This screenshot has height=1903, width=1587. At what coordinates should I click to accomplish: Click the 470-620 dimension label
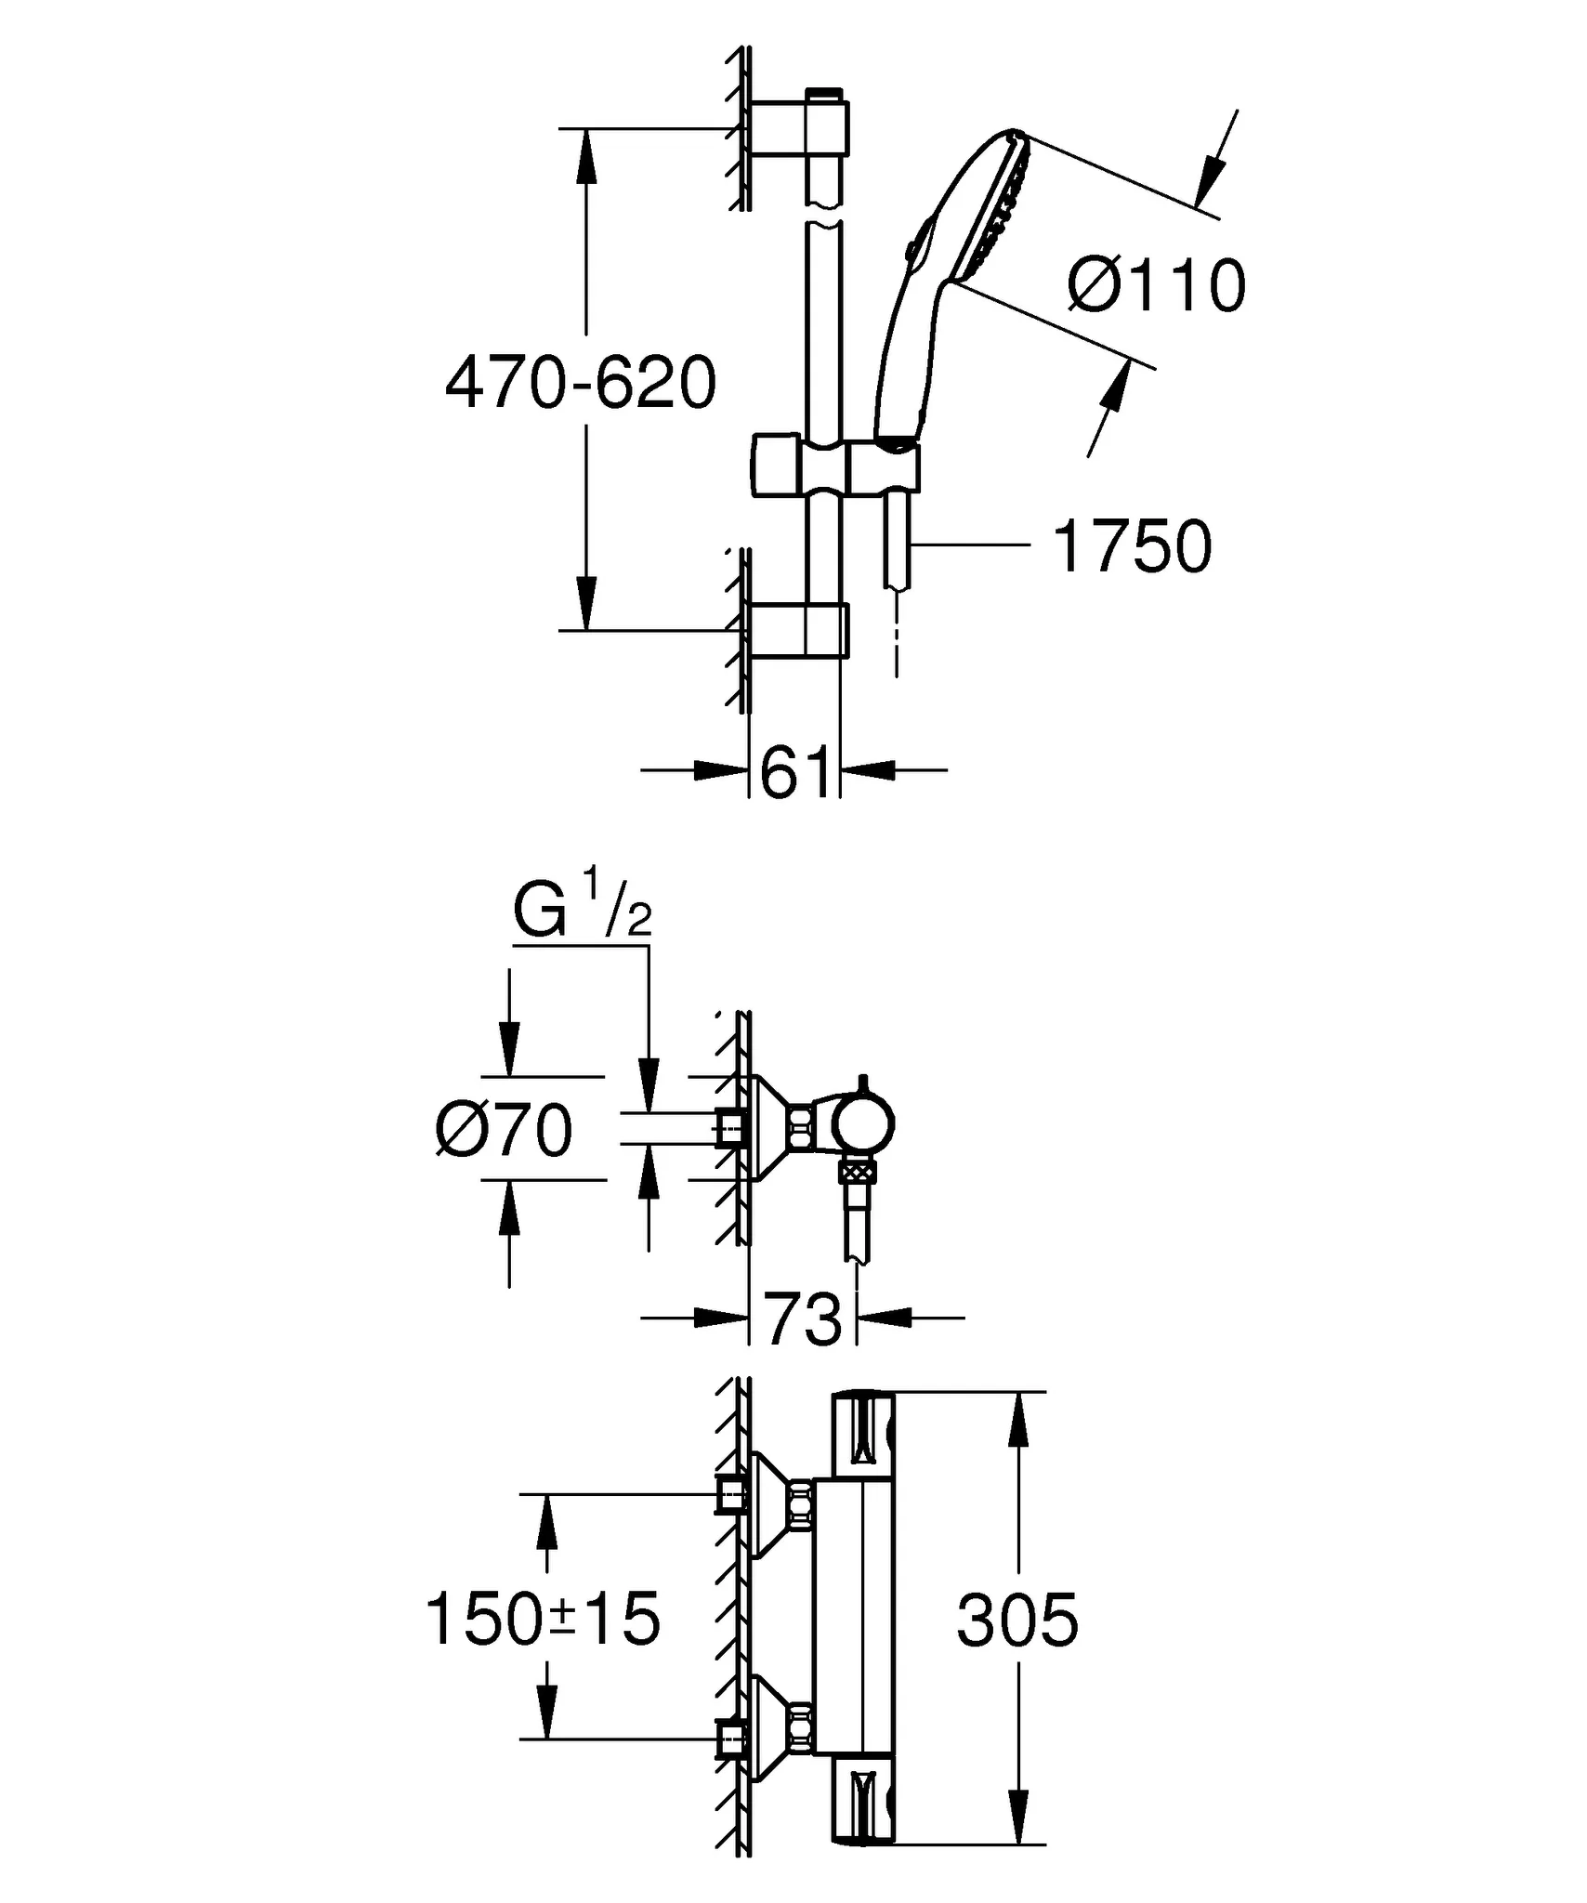(x=581, y=383)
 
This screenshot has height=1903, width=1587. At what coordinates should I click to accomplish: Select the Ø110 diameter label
(x=1156, y=285)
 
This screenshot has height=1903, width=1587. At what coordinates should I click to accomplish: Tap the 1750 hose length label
(x=1132, y=547)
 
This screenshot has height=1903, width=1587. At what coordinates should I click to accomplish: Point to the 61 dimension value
(x=794, y=772)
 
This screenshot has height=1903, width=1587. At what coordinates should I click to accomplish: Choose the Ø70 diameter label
(x=505, y=1131)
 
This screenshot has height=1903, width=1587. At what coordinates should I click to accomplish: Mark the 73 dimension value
(x=803, y=1318)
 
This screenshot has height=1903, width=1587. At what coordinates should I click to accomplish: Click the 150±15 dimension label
(x=543, y=1619)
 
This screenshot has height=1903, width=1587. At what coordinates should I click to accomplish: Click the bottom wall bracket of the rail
(x=799, y=631)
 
